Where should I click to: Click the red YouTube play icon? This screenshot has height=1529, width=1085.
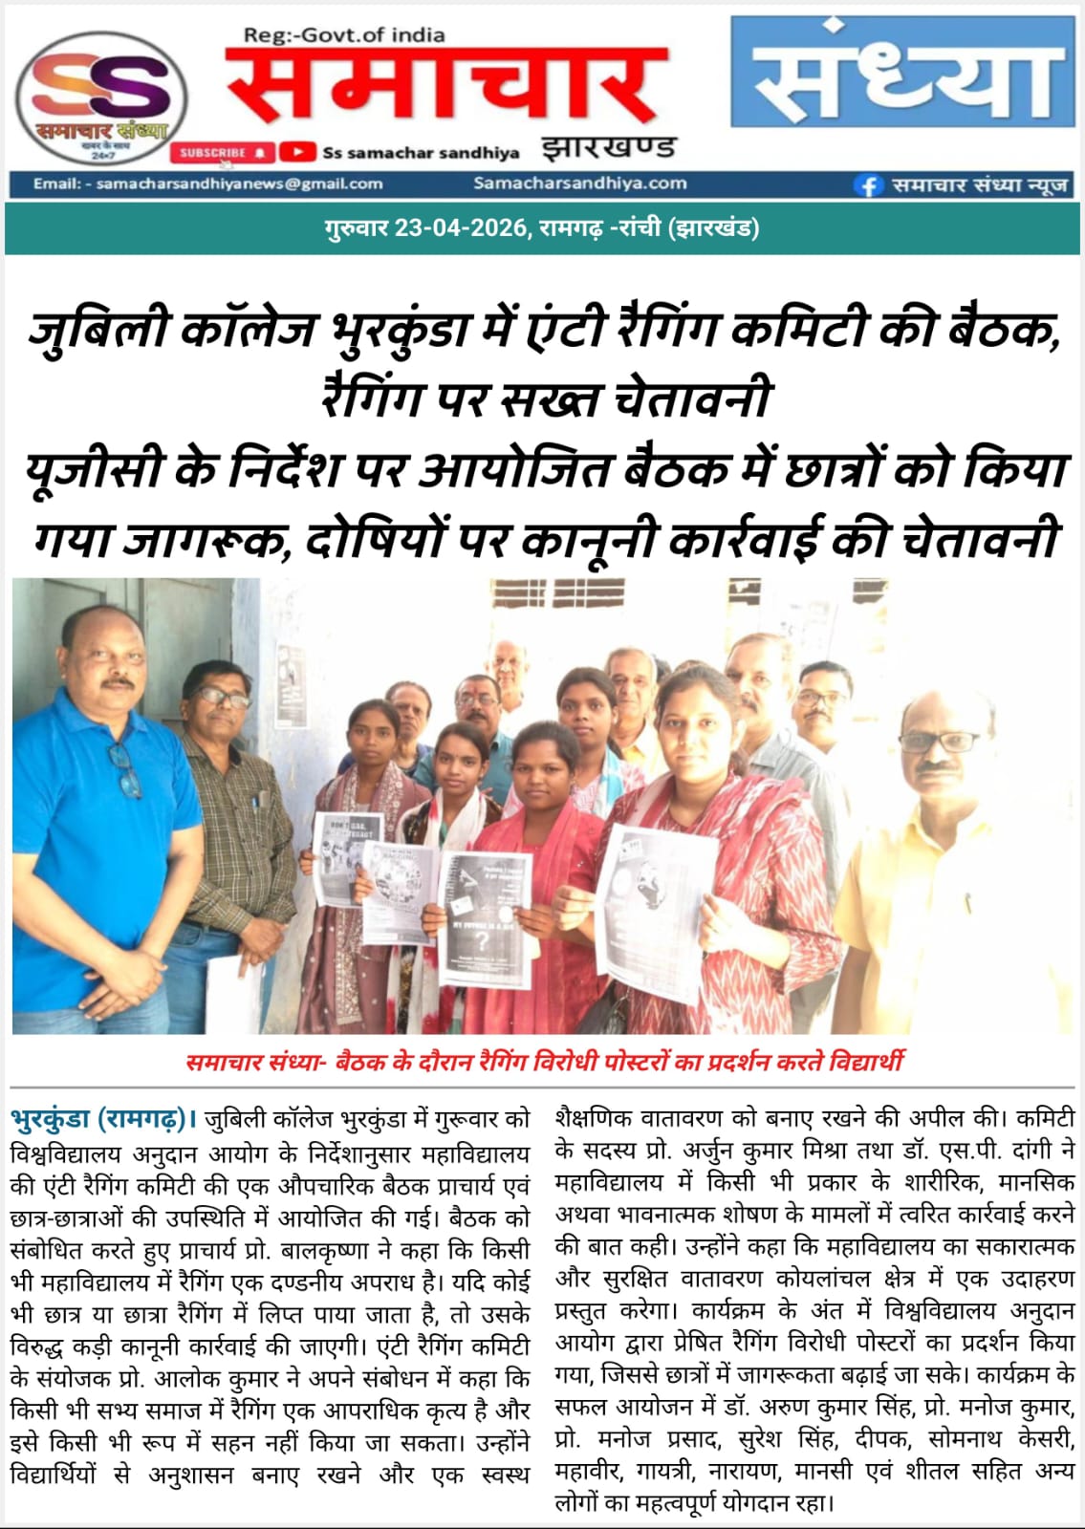(x=298, y=152)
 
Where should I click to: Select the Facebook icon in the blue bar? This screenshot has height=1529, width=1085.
(x=868, y=185)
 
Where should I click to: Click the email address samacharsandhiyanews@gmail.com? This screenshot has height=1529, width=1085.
(x=239, y=183)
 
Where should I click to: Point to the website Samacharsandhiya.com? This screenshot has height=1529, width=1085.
(x=579, y=183)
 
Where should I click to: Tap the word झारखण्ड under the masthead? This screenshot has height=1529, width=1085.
(x=608, y=148)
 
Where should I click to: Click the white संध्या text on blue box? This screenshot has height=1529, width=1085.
(x=902, y=73)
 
